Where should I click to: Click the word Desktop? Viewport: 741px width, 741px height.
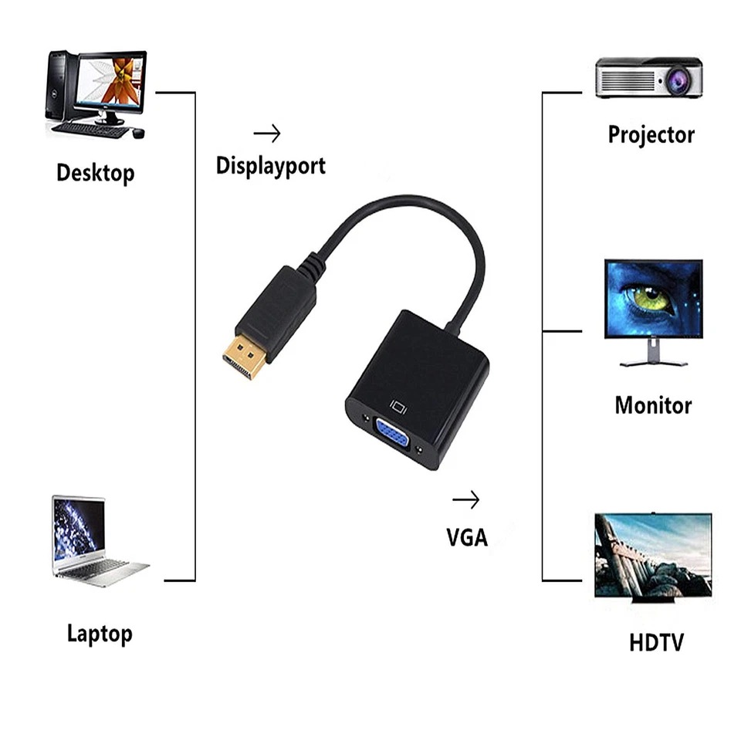pyautogui.click(x=95, y=173)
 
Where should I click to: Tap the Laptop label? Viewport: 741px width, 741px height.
pyautogui.click(x=100, y=634)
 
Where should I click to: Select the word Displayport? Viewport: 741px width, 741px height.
pyautogui.click(x=270, y=165)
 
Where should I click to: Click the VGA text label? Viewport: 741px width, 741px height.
pyautogui.click(x=467, y=536)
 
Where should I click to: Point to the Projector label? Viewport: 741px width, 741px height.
pyautogui.click(x=651, y=135)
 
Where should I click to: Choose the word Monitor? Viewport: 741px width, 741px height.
pyautogui.click(x=653, y=405)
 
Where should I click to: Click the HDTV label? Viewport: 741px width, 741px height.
pyautogui.click(x=656, y=642)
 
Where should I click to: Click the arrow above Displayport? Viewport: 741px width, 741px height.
pyautogui.click(x=267, y=134)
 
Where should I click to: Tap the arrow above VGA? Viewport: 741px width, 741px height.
pyautogui.click(x=465, y=500)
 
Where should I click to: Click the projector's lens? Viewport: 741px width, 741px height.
pyautogui.click(x=678, y=80)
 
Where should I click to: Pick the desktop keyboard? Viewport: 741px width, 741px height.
pyautogui.click(x=90, y=130)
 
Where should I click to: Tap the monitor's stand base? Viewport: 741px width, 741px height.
pyautogui.click(x=653, y=363)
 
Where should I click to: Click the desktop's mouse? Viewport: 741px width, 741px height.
pyautogui.click(x=138, y=134)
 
